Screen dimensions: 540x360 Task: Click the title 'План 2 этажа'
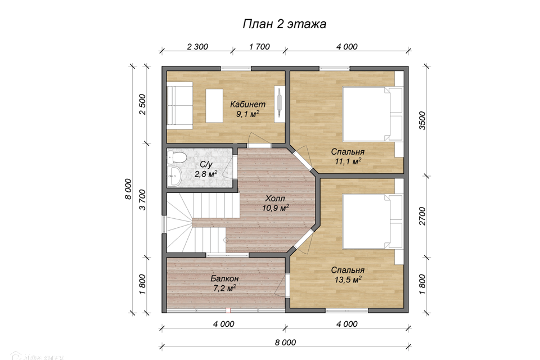click(285, 24)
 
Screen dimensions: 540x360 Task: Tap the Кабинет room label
click(248, 103)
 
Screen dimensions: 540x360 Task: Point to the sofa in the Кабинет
click(180, 105)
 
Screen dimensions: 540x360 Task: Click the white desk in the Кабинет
click(214, 105)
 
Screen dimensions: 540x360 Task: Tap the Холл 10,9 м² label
click(276, 203)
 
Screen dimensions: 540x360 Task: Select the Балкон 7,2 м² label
click(224, 283)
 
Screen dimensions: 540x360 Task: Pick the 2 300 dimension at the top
click(197, 47)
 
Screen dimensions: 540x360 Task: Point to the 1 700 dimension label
click(259, 47)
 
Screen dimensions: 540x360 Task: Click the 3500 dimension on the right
click(422, 120)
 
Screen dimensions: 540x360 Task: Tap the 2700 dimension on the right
click(422, 217)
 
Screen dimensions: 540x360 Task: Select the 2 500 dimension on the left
click(142, 105)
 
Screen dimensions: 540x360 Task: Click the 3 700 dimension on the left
click(142, 200)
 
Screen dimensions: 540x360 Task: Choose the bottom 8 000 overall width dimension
click(286, 343)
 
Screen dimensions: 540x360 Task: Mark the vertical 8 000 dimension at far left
click(128, 189)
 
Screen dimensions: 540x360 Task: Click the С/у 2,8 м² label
click(206, 169)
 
